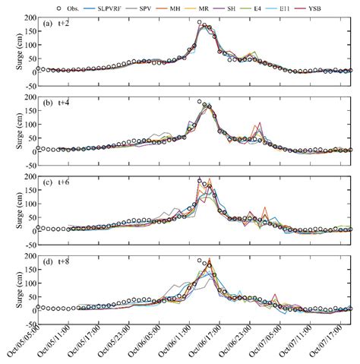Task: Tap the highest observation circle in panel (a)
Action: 200,23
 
